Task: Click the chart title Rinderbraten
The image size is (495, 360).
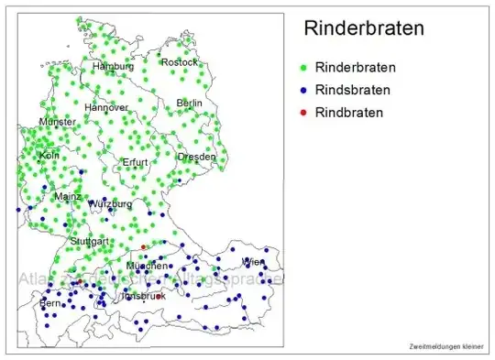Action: (x=364, y=28)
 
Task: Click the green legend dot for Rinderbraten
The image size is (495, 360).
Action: (x=303, y=68)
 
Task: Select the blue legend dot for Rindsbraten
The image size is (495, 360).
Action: (x=303, y=91)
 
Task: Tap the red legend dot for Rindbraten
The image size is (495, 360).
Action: (x=303, y=114)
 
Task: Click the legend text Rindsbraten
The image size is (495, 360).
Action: (x=352, y=91)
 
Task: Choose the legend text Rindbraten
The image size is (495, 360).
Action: (x=348, y=114)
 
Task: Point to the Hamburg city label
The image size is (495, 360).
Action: (x=113, y=67)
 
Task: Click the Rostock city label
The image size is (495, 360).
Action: (x=179, y=62)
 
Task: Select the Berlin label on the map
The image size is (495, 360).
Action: (x=189, y=104)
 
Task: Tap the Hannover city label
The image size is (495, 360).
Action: (x=106, y=107)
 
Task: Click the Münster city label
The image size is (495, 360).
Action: (x=57, y=122)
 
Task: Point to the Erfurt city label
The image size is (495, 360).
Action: (x=135, y=162)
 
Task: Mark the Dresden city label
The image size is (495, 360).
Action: (x=196, y=157)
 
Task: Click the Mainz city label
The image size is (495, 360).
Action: (x=68, y=196)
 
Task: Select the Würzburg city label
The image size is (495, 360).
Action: (x=110, y=203)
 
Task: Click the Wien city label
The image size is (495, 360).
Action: (x=252, y=262)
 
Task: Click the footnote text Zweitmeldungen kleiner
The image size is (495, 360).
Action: (x=445, y=346)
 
